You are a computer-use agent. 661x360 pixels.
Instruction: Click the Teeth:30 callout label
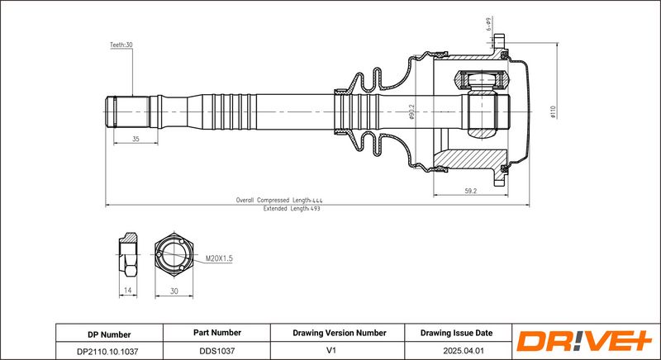tap(121, 45)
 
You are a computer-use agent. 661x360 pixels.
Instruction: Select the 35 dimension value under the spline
tap(136, 139)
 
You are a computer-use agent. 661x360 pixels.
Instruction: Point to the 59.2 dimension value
tap(470, 191)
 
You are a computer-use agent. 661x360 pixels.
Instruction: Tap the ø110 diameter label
tap(554, 111)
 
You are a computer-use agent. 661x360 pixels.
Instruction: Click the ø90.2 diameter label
tap(411, 112)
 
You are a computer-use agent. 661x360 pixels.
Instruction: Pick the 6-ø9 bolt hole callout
tap(488, 25)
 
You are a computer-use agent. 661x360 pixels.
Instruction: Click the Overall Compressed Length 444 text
tap(279, 201)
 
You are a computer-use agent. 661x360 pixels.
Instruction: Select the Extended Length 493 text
tap(292, 208)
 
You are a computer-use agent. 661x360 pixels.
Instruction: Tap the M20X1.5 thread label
tap(219, 258)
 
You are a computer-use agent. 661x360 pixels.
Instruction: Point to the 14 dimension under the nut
tap(128, 290)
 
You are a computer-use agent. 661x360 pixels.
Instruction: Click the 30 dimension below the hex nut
tap(174, 291)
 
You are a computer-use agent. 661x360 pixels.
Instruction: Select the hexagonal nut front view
tap(174, 254)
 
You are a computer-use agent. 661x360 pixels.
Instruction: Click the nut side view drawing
tap(128, 254)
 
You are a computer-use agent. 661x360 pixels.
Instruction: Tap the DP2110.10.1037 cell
tap(109, 351)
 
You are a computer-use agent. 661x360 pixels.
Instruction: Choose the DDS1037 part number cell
tap(216, 351)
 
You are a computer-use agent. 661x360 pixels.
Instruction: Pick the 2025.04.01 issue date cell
tap(459, 351)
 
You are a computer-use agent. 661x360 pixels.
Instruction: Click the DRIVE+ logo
tap(585, 341)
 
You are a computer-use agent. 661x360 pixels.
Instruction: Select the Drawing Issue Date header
tap(456, 333)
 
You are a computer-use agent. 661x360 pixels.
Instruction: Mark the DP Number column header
tap(109, 334)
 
